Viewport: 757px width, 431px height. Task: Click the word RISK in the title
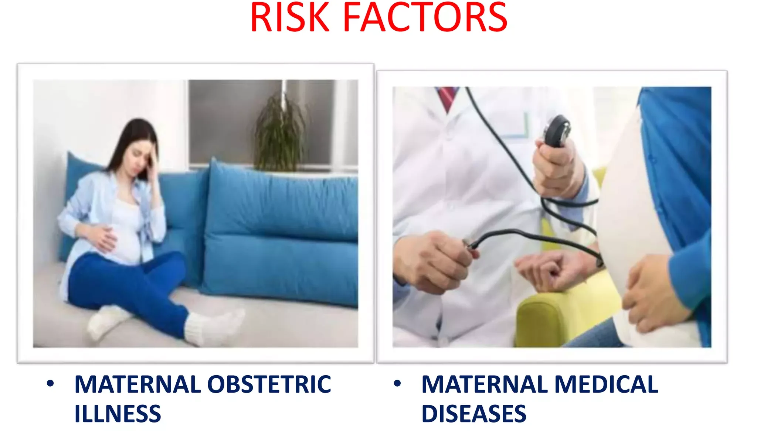290,17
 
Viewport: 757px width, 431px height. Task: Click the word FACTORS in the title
425,17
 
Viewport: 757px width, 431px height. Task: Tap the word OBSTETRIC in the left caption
269,384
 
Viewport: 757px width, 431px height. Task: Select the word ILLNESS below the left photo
118,414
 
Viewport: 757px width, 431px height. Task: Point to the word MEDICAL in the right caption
606,384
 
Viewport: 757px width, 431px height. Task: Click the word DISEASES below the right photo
474,414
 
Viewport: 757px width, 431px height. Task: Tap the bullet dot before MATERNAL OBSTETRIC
50,384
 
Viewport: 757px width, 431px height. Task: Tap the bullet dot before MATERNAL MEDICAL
397,384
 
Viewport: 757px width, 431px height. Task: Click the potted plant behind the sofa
281,131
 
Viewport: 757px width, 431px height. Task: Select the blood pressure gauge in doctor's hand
557,131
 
